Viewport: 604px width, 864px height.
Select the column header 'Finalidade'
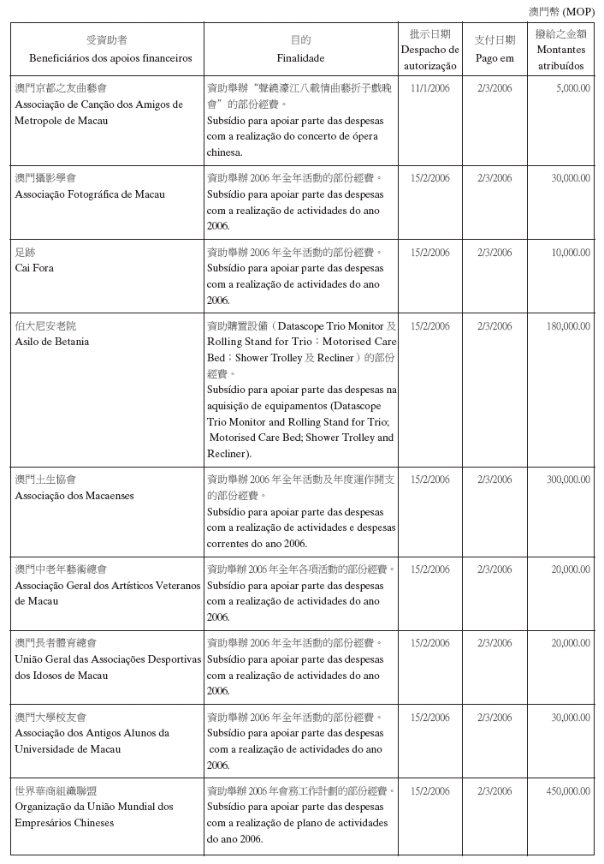click(300, 59)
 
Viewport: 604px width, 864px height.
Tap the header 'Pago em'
click(494, 58)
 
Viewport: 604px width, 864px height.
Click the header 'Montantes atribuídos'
click(561, 57)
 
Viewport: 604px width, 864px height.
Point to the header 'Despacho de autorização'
click(429, 57)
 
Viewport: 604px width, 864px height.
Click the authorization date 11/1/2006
click(429, 88)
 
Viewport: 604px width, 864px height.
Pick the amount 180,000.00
click(568, 326)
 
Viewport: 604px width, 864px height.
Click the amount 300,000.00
click(568, 480)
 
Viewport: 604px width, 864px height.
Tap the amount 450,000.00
click(568, 791)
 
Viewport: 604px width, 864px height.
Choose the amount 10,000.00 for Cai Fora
click(570, 253)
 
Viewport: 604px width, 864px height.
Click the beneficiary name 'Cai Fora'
click(34, 268)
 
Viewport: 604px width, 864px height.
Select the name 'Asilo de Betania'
click(51, 342)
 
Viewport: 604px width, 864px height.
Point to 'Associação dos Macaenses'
click(74, 496)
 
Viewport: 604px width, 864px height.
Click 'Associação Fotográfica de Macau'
click(90, 194)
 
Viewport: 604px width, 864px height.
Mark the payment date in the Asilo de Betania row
click(494, 326)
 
